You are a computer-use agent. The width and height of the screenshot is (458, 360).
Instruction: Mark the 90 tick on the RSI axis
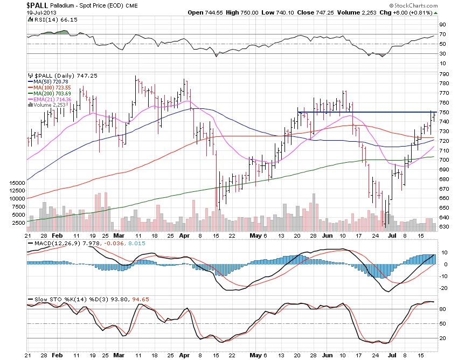tap(442, 24)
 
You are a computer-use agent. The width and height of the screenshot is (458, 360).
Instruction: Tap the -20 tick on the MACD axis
tap(443, 288)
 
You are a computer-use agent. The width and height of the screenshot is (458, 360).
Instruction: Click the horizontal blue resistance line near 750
tap(366, 112)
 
